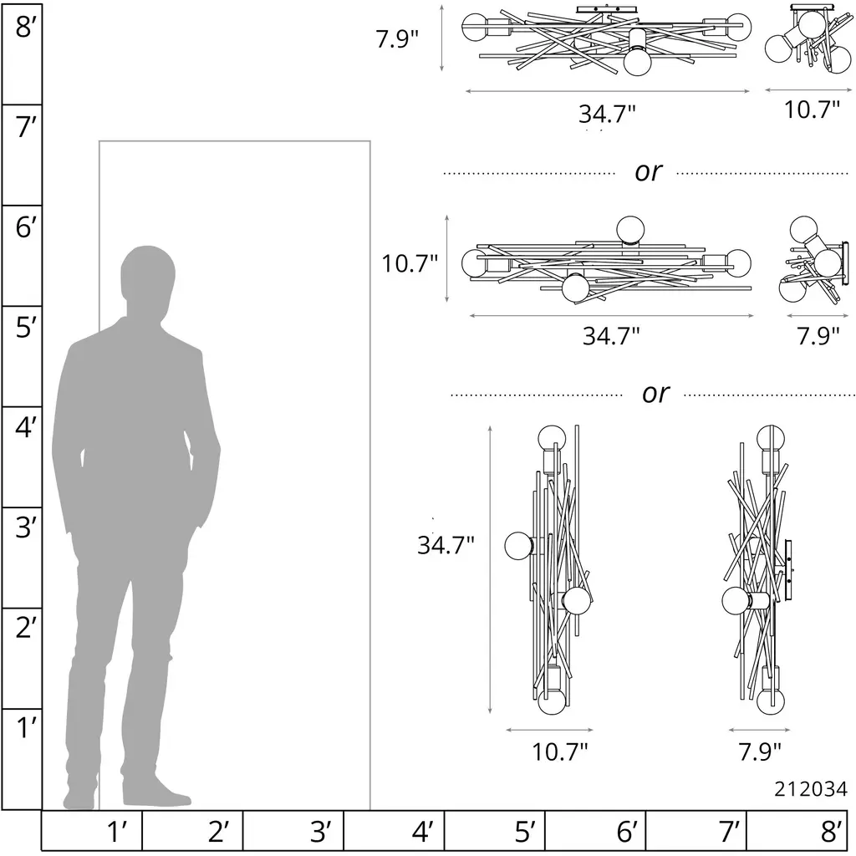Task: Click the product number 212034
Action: [x=811, y=789]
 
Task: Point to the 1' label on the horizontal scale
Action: [x=117, y=832]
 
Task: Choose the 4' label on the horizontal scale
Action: [x=421, y=832]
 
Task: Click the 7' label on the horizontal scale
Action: [x=728, y=832]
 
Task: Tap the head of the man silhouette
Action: [x=148, y=274]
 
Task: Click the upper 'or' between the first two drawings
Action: [x=648, y=172]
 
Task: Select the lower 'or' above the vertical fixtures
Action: [x=655, y=393]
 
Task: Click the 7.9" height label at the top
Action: [x=397, y=38]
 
